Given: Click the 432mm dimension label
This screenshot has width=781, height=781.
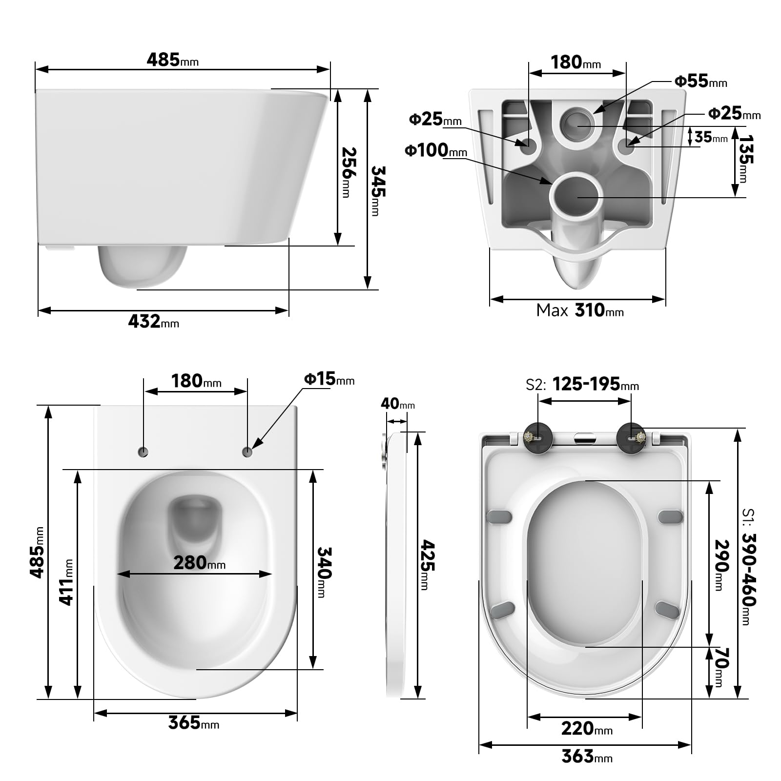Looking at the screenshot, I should (x=153, y=322).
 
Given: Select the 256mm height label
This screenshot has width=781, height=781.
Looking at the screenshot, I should (x=348, y=172).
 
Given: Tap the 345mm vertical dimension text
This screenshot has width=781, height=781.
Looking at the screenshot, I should (x=377, y=190).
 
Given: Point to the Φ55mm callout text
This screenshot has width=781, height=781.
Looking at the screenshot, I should (x=700, y=82).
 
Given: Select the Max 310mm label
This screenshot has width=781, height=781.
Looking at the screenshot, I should (x=580, y=310).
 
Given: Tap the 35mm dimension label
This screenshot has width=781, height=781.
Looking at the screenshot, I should (x=711, y=138).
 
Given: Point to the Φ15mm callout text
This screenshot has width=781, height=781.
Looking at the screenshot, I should (x=329, y=379).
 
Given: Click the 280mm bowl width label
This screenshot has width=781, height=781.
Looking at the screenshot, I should (x=199, y=563).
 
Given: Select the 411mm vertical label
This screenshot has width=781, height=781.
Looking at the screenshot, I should (x=66, y=582).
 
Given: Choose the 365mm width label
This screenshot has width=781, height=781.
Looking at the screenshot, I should (x=193, y=723).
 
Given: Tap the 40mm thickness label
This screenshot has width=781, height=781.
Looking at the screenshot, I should (x=397, y=404).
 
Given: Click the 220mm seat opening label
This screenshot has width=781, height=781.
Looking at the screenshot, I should (x=586, y=729).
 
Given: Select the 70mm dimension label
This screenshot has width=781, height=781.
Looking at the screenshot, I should (x=721, y=667).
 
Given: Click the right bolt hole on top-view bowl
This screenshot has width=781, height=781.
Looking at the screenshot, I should (x=247, y=452).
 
